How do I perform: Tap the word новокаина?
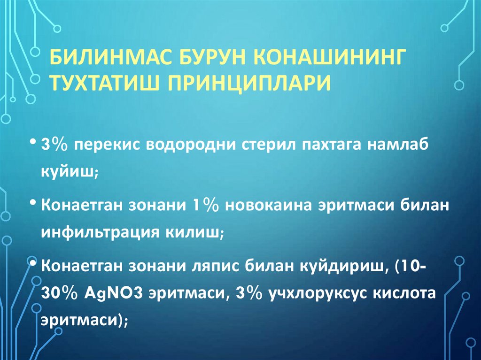pyautogui.click(x=267, y=205)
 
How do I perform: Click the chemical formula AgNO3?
pyautogui.click(x=117, y=292)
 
